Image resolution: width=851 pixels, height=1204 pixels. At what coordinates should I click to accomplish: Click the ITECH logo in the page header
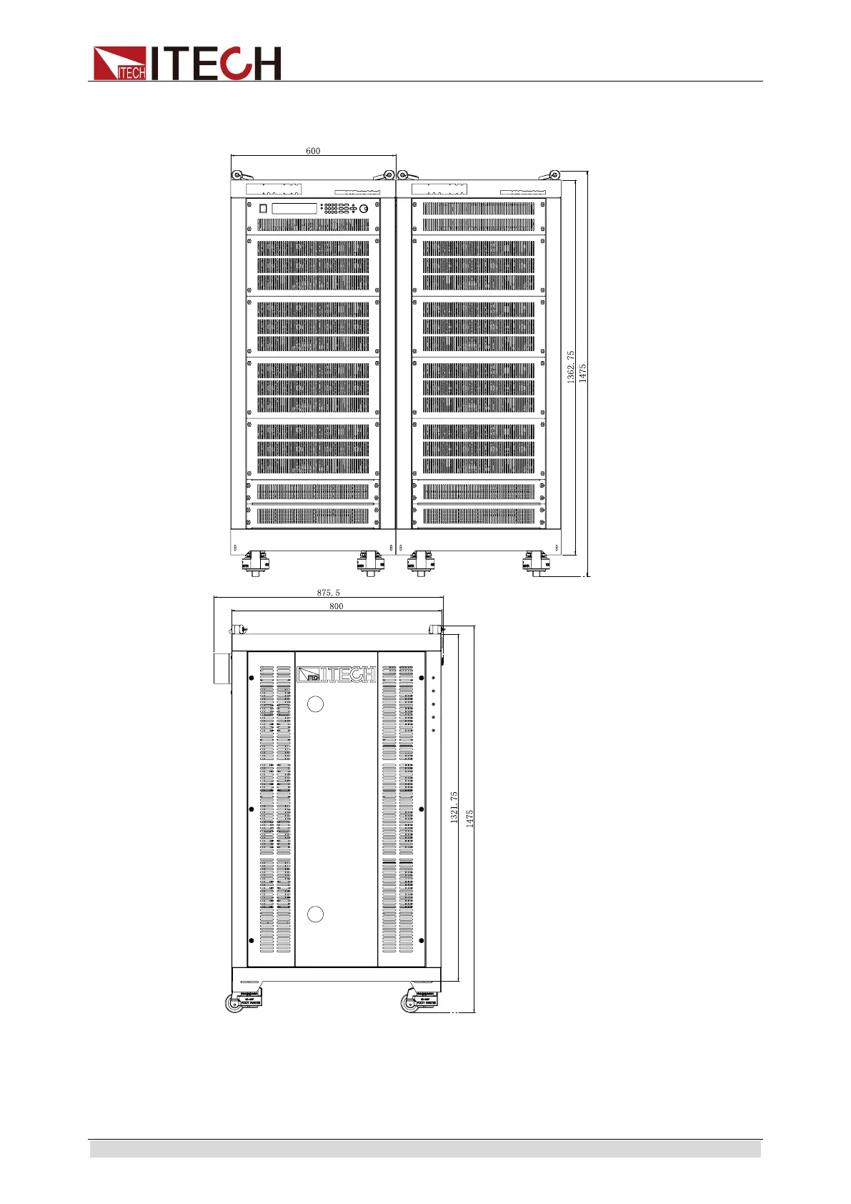pos(187,64)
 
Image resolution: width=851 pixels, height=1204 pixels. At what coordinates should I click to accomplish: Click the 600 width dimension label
pos(313,151)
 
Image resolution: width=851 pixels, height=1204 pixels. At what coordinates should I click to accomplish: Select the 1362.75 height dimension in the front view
pos(571,367)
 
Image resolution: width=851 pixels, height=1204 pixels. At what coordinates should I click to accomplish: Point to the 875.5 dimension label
pos(329,593)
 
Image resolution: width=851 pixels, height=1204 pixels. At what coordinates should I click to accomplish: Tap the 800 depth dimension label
pos(336,606)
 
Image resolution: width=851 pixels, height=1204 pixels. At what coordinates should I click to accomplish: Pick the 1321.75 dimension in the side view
pos(454,808)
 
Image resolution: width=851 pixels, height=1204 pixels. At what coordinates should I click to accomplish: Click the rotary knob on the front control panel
pos(364,208)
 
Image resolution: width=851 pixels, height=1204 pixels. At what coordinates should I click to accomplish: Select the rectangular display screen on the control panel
pos(294,208)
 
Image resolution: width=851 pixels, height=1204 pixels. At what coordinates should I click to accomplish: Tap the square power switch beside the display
pos(263,208)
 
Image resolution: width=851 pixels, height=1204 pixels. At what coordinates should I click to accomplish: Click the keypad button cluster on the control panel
pos(336,208)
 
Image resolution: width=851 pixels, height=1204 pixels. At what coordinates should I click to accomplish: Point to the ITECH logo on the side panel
pos(336,674)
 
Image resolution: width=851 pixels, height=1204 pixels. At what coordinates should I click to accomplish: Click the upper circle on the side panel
pos(315,704)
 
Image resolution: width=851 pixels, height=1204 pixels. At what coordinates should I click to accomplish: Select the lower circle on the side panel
pos(315,914)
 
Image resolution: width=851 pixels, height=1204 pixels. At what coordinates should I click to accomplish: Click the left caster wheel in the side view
pos(234,1003)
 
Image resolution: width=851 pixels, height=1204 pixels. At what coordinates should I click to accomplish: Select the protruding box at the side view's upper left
pos(222,668)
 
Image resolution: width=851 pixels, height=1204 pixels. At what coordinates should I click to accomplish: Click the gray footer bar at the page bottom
pos(425,1149)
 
